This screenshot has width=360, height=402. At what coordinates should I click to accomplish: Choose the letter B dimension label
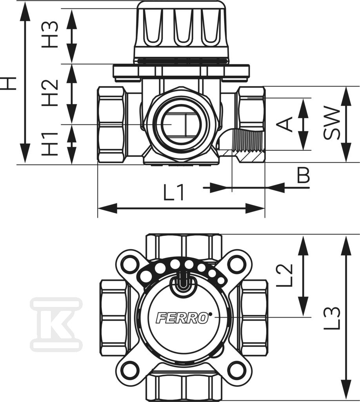tap(304, 175)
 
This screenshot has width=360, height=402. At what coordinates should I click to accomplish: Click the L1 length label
tap(174, 192)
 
